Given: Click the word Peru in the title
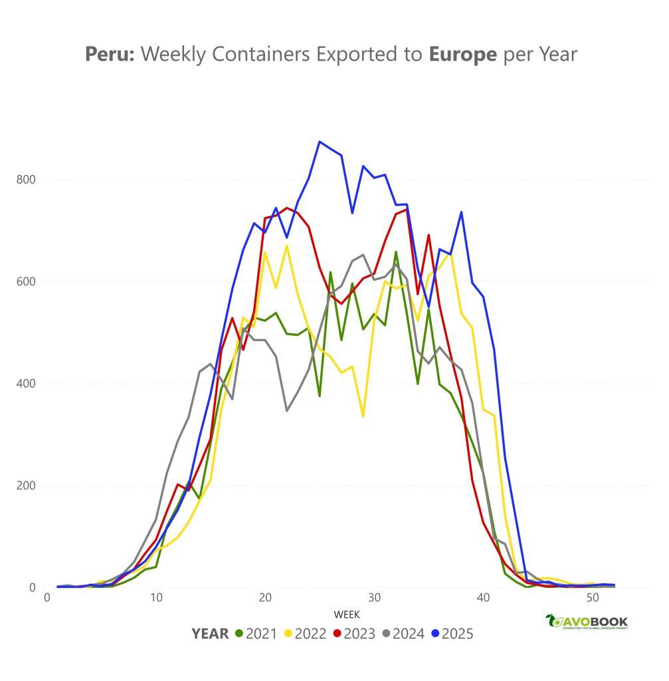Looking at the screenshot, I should (110, 55).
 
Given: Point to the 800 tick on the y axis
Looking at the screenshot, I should (27, 180).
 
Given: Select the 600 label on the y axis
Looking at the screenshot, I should (27, 281).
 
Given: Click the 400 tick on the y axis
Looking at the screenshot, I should (27, 384).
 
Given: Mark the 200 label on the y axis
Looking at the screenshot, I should (27, 485).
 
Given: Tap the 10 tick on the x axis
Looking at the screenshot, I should (156, 598).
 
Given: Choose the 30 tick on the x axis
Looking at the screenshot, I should (374, 598).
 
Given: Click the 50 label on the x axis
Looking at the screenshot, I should (593, 598).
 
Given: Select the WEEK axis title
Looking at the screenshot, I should (347, 615).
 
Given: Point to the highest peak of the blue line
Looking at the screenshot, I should (320, 141).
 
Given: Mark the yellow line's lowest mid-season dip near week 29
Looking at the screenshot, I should (363, 416).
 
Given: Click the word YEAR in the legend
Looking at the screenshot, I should (210, 634).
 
